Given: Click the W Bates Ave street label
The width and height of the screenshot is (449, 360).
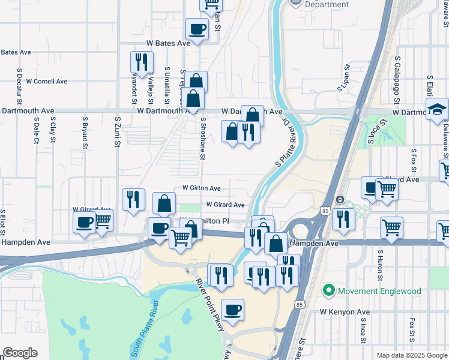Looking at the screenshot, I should [x=168, y=43].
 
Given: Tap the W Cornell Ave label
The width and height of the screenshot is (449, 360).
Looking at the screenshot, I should [x=47, y=81].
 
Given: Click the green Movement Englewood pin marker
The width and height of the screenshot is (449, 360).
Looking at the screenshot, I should [x=328, y=291].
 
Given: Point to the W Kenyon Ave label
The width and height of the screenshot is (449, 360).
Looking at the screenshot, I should [x=345, y=312].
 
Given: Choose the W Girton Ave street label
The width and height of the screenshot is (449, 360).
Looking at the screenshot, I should [x=202, y=188].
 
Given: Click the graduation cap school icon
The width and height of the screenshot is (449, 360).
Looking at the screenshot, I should [x=437, y=109].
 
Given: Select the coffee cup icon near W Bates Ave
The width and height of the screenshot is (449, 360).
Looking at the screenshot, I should [x=197, y=28].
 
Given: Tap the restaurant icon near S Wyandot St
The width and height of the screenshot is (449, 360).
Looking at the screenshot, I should [x=142, y=62].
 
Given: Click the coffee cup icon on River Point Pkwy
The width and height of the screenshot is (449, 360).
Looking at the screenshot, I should [x=232, y=310].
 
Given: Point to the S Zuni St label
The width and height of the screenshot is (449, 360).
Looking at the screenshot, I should [x=118, y=130].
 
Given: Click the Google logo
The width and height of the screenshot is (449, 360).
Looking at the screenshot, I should [x=20, y=353].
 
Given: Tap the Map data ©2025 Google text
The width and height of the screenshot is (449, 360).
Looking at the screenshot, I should [x=411, y=355].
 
